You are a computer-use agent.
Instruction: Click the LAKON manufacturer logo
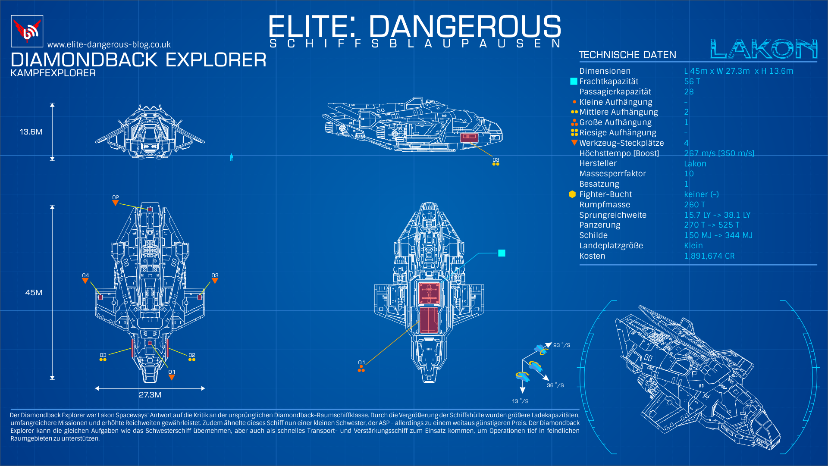coord(763,49)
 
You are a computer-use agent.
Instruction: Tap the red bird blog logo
coord(27,31)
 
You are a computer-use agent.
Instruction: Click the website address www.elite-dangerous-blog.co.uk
coord(109,44)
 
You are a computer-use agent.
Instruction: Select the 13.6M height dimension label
coord(31,132)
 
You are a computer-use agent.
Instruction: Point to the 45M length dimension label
coord(34,293)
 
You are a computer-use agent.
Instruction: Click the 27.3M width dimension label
coord(150,395)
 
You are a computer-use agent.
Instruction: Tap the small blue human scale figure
coord(231,157)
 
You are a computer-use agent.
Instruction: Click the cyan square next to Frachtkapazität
coord(574,81)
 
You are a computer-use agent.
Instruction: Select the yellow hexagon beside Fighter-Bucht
coord(572,194)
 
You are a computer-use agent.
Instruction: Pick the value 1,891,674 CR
coord(709,256)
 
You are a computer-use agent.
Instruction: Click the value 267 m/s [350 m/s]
coord(719,153)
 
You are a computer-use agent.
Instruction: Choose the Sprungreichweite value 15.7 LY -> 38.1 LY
coord(717,215)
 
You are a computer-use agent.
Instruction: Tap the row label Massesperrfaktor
coord(613,174)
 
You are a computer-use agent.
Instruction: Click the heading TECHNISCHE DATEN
coord(627,55)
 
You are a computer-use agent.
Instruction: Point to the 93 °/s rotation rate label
coord(562,345)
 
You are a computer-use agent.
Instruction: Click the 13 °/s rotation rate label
coord(521,401)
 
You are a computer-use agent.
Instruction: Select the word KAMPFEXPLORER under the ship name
coord(53,73)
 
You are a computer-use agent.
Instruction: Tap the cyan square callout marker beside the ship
coord(502,253)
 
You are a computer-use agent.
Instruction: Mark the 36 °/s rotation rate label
coord(555,385)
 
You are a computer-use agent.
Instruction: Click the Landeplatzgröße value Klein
coord(693,246)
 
